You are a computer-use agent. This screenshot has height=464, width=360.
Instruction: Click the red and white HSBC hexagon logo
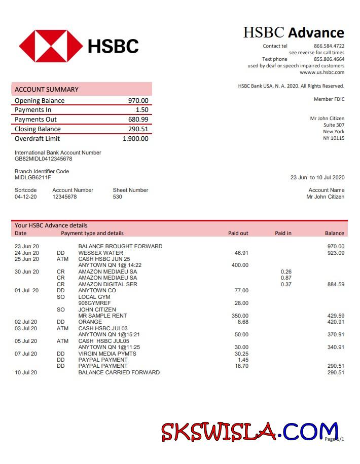point(51,46)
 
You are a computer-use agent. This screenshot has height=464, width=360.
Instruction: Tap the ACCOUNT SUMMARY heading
point(47,90)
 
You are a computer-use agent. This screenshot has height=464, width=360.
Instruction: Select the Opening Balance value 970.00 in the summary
point(138,101)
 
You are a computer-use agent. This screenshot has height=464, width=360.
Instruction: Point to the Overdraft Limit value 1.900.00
point(135,139)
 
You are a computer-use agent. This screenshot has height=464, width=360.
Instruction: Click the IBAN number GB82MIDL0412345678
point(43,159)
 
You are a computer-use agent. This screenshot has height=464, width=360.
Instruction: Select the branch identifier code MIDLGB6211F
point(33,178)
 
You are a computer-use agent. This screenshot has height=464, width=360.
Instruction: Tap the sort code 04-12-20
point(25,197)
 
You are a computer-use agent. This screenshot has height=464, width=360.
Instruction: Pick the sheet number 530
point(117,197)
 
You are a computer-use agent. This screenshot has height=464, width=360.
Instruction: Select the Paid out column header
point(238,234)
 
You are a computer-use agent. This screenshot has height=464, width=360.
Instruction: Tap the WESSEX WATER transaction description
point(100,253)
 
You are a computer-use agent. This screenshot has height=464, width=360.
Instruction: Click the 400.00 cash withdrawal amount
point(240,265)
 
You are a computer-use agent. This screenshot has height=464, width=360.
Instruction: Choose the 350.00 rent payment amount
point(240,316)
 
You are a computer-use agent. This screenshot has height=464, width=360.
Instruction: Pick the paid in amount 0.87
point(286,278)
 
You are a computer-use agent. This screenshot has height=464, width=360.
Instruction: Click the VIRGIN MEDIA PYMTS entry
point(107,354)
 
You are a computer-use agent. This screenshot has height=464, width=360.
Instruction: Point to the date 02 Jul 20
point(26,322)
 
